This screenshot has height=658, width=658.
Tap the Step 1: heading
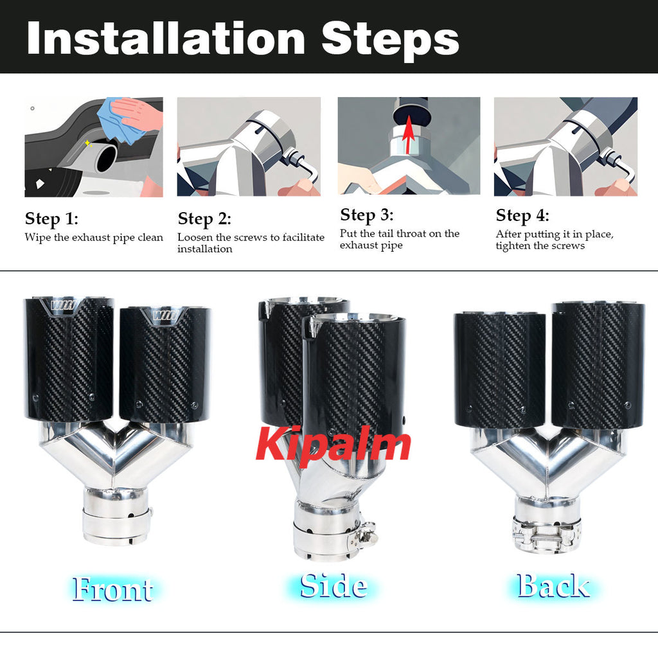tap(51, 219)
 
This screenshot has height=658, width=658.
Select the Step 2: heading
tap(204, 219)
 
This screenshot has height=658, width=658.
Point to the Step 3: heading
tap(366, 215)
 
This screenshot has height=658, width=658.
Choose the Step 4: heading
tap(522, 215)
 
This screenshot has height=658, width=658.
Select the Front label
tap(112, 589)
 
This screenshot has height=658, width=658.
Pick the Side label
tap(333, 585)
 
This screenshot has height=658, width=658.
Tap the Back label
tap(553, 585)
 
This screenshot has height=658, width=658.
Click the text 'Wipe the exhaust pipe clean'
tap(94, 238)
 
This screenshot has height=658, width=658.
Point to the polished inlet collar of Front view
tap(116, 517)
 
